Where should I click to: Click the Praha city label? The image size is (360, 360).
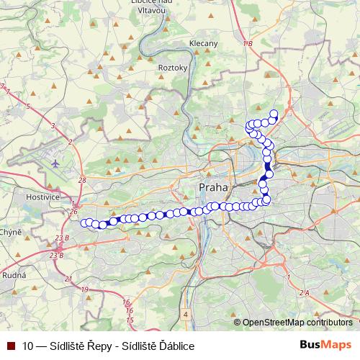pyautogui.click(x=212, y=187)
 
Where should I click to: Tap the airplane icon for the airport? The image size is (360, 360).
pyautogui.click(x=56, y=163)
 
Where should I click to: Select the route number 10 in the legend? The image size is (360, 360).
pyautogui.click(x=29, y=346)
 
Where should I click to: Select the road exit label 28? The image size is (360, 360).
pyautogui.click(x=82, y=180)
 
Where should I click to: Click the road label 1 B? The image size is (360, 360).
pyautogui.click(x=248, y=45)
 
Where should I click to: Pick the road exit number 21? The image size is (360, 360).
pyautogui.click(x=68, y=279)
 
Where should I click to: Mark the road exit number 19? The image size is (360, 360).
pyautogui.click(x=85, y=289)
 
